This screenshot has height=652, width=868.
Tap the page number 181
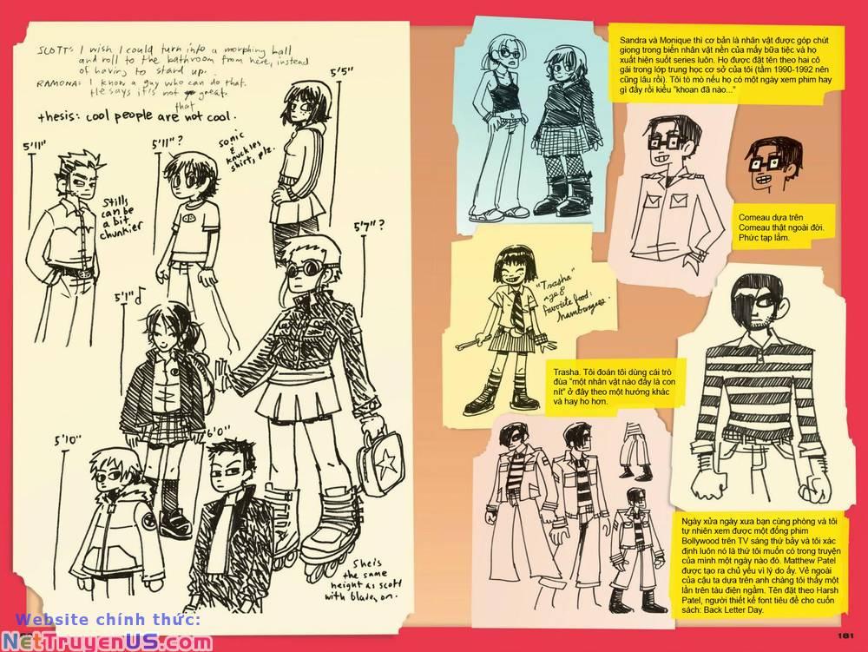coord(848,635)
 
